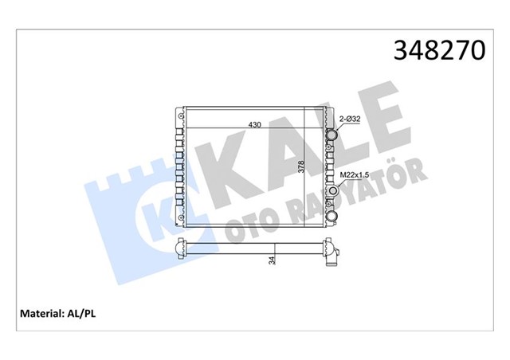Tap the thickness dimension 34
pos(273,259)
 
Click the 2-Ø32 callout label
pos(350,119)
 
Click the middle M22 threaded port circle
pos(332,190)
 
